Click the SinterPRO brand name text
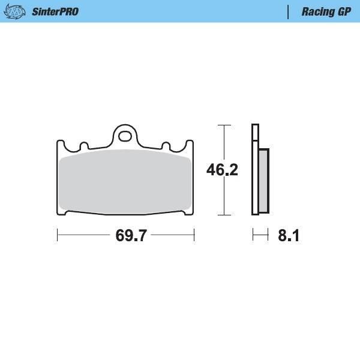pos(54,11)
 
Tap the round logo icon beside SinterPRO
pos(19,11)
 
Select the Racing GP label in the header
pos(326,11)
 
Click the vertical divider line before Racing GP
pos(289,11)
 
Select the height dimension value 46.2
pos(223,170)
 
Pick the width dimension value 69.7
pos(131,236)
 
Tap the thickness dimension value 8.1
pos(288,236)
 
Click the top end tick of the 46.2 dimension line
pos(224,125)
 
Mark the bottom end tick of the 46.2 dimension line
pos(224,214)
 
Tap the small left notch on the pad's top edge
pos(84,146)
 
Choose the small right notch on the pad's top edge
pos(166,146)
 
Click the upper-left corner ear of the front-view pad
pos(60,145)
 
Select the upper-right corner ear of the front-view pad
pos(191,145)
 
